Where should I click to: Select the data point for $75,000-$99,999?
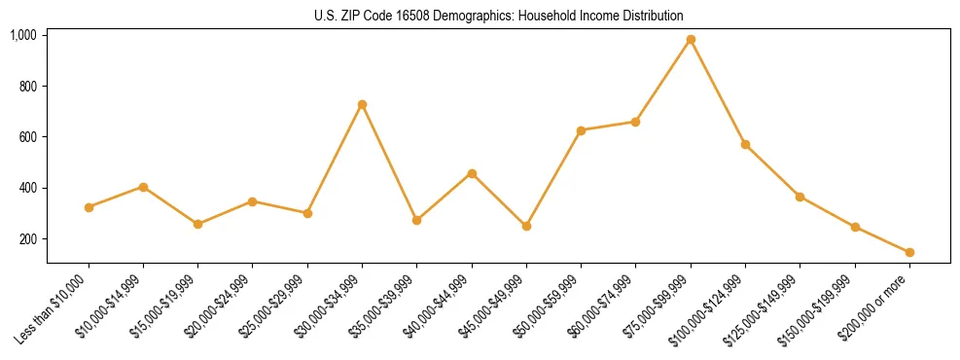691,40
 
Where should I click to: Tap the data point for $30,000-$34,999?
362,104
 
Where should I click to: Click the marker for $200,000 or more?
909,252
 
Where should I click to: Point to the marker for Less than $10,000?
89,207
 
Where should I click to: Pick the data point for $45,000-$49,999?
526,226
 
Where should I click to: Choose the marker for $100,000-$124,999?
745,144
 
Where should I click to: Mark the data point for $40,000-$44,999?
472,173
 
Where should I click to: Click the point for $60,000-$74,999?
635,122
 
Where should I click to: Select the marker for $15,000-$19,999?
198,224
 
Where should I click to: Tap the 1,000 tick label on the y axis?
23,35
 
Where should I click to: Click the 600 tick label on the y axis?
27,137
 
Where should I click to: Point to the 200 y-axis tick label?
27,239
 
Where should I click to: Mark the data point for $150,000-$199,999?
855,227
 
